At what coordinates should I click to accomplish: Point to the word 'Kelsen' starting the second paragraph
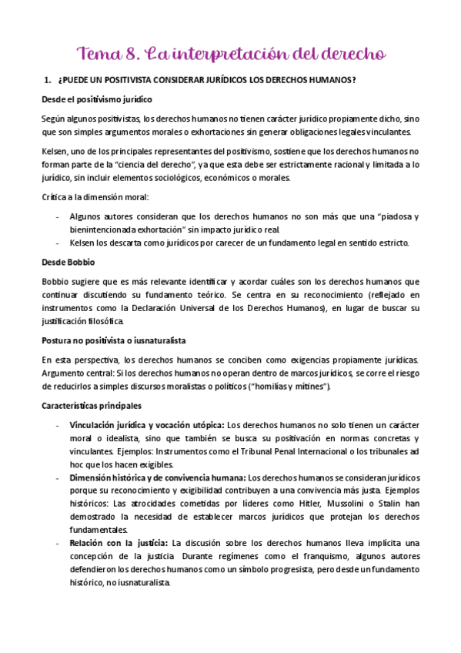coord(55,152)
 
